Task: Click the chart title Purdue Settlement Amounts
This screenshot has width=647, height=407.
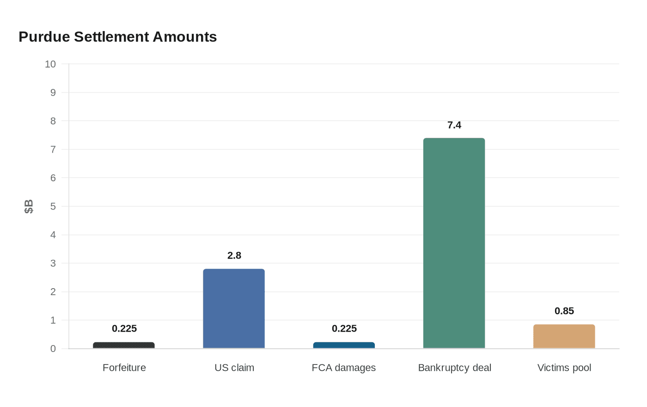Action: (x=118, y=37)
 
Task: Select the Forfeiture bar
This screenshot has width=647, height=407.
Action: (x=124, y=345)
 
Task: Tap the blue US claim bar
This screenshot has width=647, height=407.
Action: (x=234, y=308)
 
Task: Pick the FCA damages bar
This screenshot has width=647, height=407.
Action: (x=344, y=345)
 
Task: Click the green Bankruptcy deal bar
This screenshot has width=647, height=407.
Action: (x=454, y=243)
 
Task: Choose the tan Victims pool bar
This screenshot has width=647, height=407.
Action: (x=564, y=336)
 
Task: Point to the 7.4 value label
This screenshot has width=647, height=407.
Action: (x=454, y=125)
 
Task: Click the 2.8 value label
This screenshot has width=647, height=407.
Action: (x=234, y=256)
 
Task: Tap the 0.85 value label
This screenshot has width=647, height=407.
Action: (x=564, y=311)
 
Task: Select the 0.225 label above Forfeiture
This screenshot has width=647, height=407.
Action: (x=124, y=329)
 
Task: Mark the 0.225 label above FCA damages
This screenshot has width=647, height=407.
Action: (x=344, y=329)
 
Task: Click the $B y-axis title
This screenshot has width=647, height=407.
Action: (x=29, y=206)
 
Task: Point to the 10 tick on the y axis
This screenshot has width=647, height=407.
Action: (x=50, y=64)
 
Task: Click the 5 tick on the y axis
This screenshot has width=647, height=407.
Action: (x=53, y=206)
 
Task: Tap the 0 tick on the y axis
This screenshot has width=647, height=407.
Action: (x=53, y=349)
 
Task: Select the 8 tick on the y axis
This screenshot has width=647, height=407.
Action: (x=53, y=121)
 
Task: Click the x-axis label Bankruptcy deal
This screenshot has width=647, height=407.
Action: (x=454, y=368)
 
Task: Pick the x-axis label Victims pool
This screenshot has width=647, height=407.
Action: (x=564, y=368)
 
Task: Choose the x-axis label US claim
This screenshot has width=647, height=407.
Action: (x=234, y=368)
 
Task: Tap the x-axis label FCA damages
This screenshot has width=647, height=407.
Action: (x=344, y=368)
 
